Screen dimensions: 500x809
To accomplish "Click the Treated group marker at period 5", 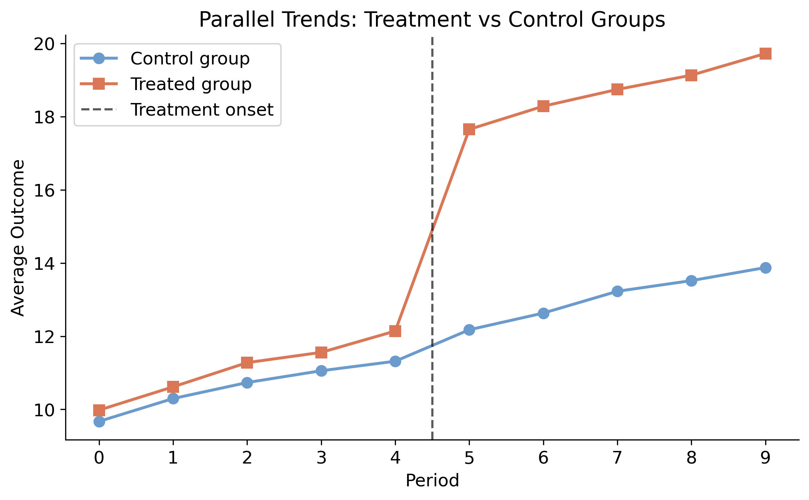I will (x=469, y=129).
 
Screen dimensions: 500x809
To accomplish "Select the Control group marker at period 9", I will (x=765, y=268).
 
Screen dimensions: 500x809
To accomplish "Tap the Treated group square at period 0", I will (x=99, y=410).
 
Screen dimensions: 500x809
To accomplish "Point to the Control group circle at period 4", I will (x=395, y=361).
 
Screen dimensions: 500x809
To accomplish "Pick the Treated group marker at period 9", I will (x=765, y=54).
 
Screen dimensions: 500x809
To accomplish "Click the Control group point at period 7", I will (x=617, y=291).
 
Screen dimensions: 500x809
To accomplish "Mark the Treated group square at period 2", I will (x=247, y=363).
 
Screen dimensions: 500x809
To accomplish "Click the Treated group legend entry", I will (x=191, y=84).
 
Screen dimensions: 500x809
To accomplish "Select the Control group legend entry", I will (x=190, y=59).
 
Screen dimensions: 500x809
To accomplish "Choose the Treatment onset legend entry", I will (x=201, y=110).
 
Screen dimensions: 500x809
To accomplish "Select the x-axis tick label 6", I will (x=543, y=458).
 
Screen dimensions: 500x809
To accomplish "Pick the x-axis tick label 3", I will (x=321, y=458).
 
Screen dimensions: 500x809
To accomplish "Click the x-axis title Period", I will (x=432, y=480).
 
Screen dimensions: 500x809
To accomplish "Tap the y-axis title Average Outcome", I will (x=18, y=238).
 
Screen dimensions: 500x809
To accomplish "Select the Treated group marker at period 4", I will (x=395, y=331).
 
